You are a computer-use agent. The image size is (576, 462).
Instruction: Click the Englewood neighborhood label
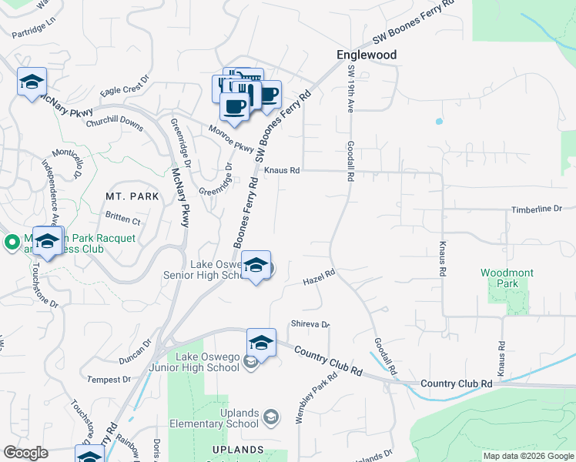(x=367, y=55)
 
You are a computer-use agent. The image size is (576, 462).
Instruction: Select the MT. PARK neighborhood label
(x=132, y=196)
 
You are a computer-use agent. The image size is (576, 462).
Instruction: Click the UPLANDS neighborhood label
(x=239, y=449)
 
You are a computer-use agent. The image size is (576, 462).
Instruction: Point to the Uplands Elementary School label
(x=239, y=418)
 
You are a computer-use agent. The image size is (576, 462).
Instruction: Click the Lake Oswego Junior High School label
(x=208, y=362)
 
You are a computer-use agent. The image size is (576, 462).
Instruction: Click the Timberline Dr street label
(x=537, y=209)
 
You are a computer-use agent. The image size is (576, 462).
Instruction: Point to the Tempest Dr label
(x=109, y=380)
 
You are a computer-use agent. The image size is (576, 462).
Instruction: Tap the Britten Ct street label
(x=124, y=219)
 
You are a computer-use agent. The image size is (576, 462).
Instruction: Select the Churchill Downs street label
(x=114, y=122)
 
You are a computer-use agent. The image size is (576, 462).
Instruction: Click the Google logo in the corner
(x=25, y=453)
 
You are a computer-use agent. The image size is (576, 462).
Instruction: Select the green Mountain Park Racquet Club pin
(x=11, y=243)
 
